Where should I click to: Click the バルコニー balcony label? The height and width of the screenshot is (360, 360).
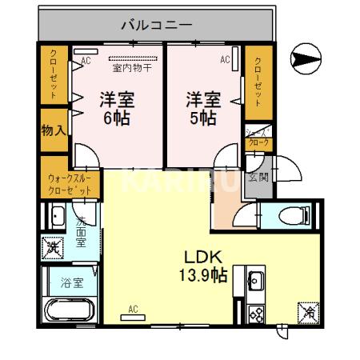tap(156, 25)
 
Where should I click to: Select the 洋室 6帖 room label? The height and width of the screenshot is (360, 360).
tap(116, 109)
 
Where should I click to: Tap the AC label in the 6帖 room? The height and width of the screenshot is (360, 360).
tap(86, 59)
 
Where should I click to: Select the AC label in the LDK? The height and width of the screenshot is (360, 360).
tap(133, 309)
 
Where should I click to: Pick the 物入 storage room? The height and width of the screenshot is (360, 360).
tap(54, 129)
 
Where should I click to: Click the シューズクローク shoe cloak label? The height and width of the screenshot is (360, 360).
tap(258, 137)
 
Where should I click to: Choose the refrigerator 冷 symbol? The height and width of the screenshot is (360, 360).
tap(306, 312)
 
